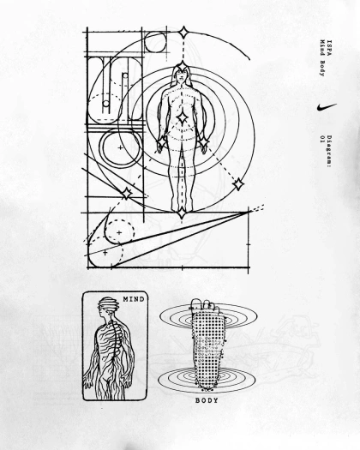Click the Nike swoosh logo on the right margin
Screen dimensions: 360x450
click(x=326, y=107)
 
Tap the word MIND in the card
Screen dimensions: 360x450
click(x=134, y=299)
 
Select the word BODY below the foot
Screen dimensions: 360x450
click(x=207, y=400)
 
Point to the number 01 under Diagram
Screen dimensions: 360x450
click(x=322, y=139)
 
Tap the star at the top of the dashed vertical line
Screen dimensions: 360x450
click(x=183, y=33)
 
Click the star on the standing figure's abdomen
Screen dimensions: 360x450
click(x=182, y=117)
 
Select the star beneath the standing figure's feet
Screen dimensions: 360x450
click(x=182, y=213)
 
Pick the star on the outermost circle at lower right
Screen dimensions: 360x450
click(x=238, y=184)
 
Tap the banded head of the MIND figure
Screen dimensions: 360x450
click(x=108, y=304)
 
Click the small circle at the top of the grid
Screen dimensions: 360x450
click(x=155, y=42)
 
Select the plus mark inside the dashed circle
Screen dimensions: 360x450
click(x=119, y=232)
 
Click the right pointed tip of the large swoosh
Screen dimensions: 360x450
click(x=249, y=212)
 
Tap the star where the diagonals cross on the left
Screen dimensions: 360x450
click(x=126, y=194)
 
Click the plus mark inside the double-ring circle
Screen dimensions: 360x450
click(x=121, y=147)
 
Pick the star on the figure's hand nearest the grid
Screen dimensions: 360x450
click(x=161, y=142)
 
